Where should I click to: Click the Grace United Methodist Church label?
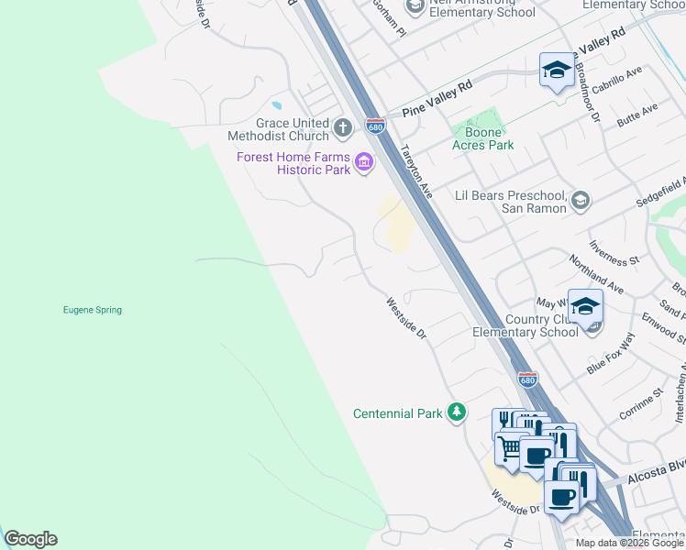click(x=279, y=129)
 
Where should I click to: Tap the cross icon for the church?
click(x=342, y=127)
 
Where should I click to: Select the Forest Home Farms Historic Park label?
click(x=293, y=163)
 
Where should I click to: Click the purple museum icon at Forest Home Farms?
click(x=364, y=162)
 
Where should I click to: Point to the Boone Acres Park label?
click(x=483, y=145)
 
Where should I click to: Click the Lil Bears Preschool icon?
click(x=580, y=200)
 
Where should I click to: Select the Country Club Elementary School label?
click(x=525, y=325)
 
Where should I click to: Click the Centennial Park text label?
click(x=398, y=414)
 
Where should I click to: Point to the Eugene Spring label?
click(x=92, y=310)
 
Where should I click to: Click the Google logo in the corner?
click(x=30, y=539)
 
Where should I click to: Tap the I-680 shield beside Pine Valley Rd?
click(x=374, y=125)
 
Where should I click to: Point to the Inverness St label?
click(x=614, y=252)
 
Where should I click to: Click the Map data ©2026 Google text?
click(x=629, y=543)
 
